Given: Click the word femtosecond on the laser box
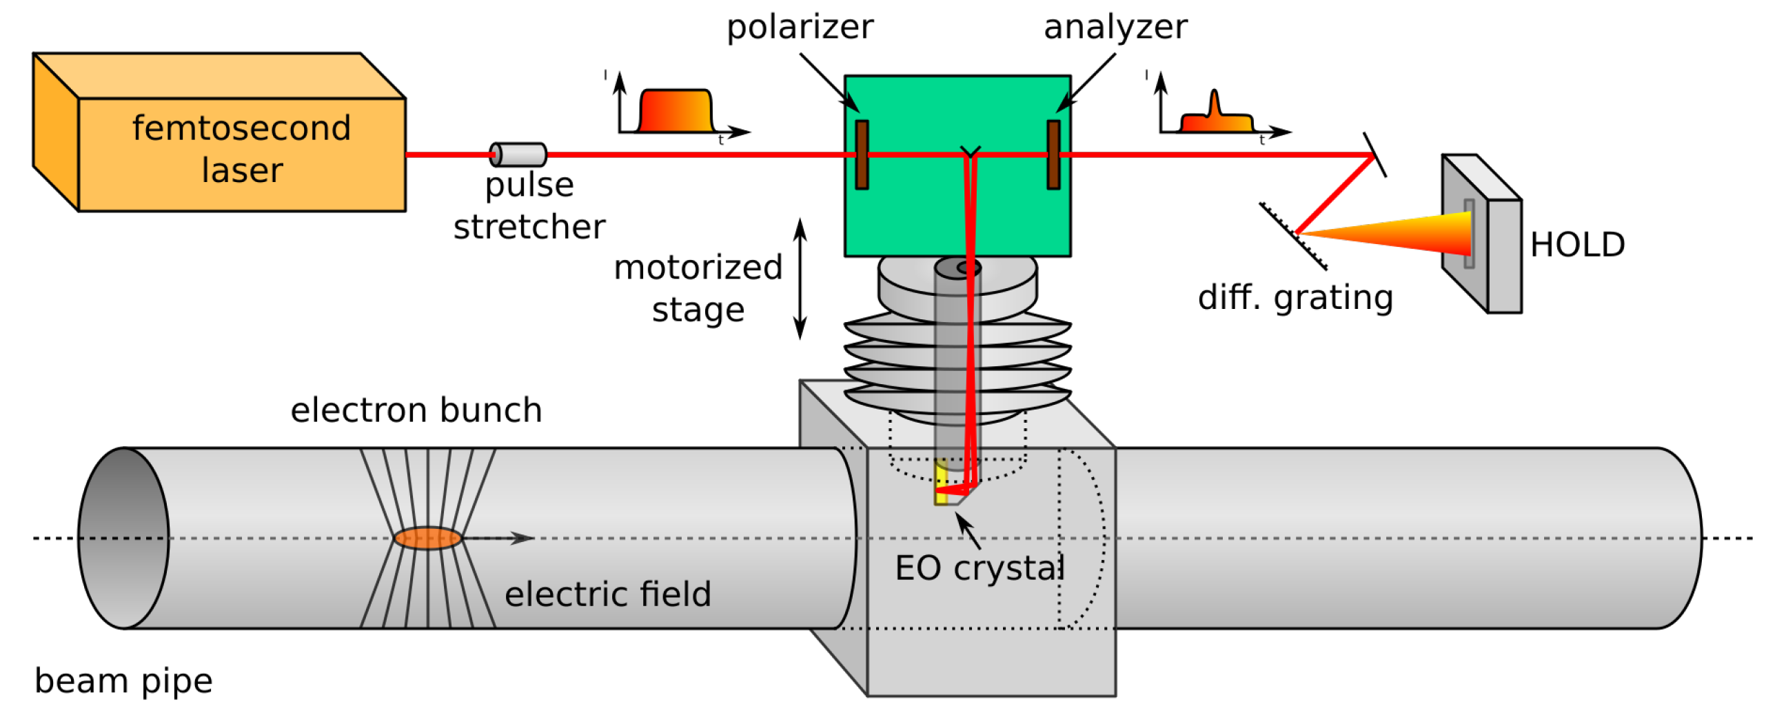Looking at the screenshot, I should (241, 128).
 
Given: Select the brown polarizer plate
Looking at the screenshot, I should (862, 154).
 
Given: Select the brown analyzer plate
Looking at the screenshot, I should (1053, 154).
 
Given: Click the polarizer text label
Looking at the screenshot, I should (800, 28).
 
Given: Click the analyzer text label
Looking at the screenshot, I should (1115, 28).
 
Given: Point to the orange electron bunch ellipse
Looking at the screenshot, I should (427, 538).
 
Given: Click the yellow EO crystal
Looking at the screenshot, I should (941, 483).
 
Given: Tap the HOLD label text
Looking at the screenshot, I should (1577, 245).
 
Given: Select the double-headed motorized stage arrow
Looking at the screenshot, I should (800, 279).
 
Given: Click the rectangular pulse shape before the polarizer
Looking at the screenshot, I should (676, 112).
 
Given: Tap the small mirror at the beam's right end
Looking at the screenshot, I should (1375, 154).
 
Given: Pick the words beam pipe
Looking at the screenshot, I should (123, 681).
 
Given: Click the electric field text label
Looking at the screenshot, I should (607, 594).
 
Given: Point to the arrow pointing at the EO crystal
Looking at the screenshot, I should (968, 531).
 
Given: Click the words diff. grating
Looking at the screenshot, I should (1295, 298).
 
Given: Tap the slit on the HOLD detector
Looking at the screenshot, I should (1470, 233).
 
